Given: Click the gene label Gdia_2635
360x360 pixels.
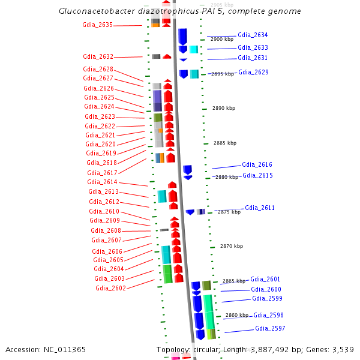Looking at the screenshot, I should click(x=97, y=25).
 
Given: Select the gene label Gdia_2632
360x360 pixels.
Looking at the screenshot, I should click(x=98, y=56).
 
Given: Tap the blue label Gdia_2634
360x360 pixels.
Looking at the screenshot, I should click(x=253, y=35).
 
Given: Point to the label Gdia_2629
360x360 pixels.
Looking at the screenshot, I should click(x=253, y=72).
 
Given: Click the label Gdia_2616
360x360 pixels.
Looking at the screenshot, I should click(x=257, y=164).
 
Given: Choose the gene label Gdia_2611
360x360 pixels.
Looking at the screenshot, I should click(x=260, y=208).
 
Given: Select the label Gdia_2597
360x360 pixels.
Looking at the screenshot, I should click(x=270, y=328).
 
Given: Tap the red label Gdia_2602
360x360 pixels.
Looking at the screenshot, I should click(x=110, y=288).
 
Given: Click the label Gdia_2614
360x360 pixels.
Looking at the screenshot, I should click(x=102, y=182).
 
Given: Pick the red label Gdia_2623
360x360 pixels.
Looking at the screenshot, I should click(x=100, y=116).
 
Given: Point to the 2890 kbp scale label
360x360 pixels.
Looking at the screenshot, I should click(x=224, y=108).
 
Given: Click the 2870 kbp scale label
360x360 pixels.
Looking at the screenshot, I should click(x=232, y=246).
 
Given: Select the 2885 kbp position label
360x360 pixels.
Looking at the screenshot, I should click(x=225, y=143).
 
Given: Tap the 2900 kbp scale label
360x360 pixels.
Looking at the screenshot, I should click(x=222, y=39).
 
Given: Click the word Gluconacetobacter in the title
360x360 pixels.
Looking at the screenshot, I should click(x=96, y=11).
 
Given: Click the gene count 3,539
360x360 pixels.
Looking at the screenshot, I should click(x=341, y=349).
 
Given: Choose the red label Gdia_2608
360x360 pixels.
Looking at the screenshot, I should click(x=106, y=230).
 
